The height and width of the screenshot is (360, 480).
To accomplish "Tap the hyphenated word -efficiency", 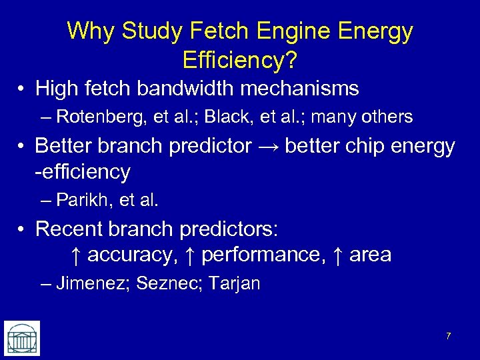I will pyautogui.click(x=82, y=172).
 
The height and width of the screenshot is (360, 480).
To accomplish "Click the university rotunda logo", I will pyautogui.click(x=21, y=337).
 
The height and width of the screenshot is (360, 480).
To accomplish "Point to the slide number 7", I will pyautogui.click(x=448, y=336).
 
